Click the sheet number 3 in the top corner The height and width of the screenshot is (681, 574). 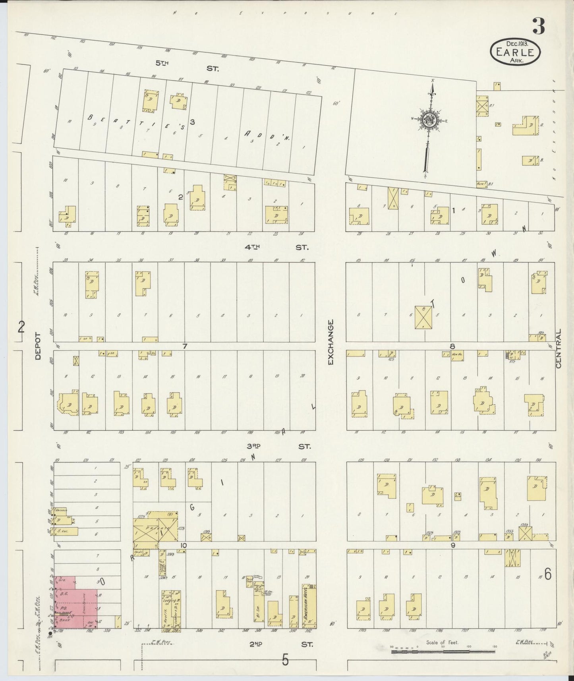[539, 27]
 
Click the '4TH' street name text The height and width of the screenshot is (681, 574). [252, 247]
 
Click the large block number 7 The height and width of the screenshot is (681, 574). [184, 346]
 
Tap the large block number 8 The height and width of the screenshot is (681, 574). [452, 346]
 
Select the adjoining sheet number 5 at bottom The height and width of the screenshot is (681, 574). [285, 660]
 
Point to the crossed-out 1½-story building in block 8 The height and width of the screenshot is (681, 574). [423, 317]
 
